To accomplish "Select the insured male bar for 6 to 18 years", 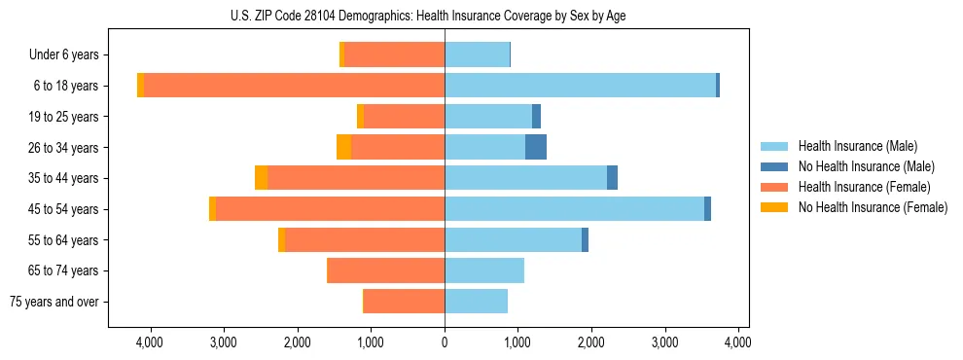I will [x=580, y=86].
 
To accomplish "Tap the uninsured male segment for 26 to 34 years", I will [x=536, y=147].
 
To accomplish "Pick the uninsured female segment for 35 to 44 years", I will [x=262, y=178].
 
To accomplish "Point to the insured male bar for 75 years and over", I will [x=476, y=302].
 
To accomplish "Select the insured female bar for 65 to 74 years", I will [x=386, y=270].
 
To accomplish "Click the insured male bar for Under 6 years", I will [x=477, y=54].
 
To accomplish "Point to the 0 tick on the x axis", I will [x=445, y=342].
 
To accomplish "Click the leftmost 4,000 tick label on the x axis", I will [x=150, y=342].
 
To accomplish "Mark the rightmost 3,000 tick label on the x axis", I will [x=664, y=342].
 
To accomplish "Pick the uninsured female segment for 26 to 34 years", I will [x=344, y=147].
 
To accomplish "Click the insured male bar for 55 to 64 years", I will [x=513, y=240].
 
